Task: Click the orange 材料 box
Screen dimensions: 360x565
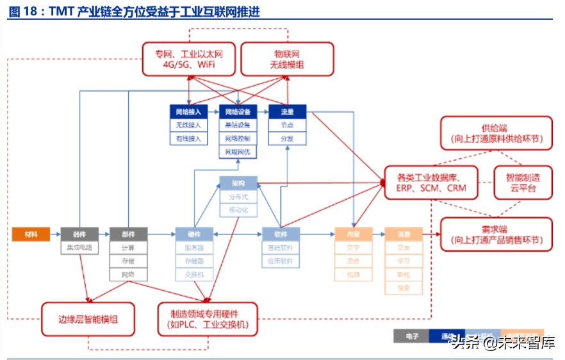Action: point(31,234)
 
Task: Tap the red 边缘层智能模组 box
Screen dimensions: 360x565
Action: point(88,318)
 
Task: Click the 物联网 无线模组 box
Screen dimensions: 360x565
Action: point(287,59)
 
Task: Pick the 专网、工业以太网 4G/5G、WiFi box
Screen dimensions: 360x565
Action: point(188,59)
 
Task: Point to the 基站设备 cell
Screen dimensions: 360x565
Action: point(238,124)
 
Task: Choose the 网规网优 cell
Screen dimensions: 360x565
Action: point(238,152)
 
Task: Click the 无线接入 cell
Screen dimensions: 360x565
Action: point(188,124)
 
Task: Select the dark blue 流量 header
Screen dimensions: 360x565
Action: point(287,111)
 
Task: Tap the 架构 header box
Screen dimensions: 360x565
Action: point(238,183)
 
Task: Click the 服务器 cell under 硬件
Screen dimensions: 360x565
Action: point(194,248)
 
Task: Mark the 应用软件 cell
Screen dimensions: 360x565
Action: point(281,261)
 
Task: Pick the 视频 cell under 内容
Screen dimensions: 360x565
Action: point(353,275)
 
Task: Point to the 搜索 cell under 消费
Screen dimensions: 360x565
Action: point(403,288)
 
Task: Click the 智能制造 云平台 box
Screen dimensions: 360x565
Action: point(523,183)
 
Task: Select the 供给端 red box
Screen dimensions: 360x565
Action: point(495,133)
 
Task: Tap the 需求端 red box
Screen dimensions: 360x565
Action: point(495,234)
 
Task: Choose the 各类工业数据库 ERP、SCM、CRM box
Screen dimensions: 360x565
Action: point(430,183)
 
